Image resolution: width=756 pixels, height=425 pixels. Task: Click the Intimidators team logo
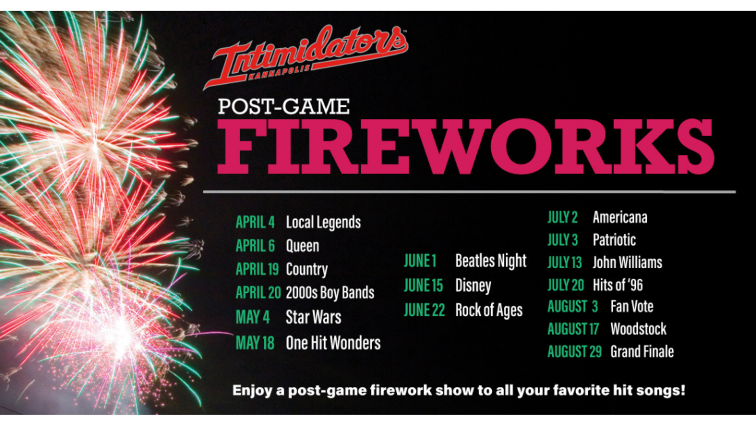tap(305, 56)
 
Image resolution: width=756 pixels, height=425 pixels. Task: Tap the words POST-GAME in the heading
tap(284, 106)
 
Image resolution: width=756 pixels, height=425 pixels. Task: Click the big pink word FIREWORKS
tap(466, 146)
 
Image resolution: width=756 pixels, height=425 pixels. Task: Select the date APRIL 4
tap(255, 222)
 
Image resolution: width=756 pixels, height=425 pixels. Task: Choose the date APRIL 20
tap(258, 293)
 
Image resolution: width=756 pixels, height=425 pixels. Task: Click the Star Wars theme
tap(313, 317)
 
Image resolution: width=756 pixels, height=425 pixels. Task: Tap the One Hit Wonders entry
tap(333, 343)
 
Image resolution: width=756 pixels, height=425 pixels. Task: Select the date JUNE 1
tap(420, 261)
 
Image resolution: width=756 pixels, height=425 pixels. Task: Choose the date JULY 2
tap(563, 218)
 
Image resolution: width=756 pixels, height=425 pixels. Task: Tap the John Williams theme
tap(627, 263)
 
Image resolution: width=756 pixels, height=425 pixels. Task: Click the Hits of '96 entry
tap(618, 285)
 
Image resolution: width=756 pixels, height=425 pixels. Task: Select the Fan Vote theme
tap(632, 307)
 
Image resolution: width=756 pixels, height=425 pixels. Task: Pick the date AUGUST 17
tap(573, 329)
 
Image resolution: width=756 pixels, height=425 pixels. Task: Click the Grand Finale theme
tap(642, 352)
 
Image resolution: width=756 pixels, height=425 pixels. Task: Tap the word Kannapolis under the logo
tap(279, 72)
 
